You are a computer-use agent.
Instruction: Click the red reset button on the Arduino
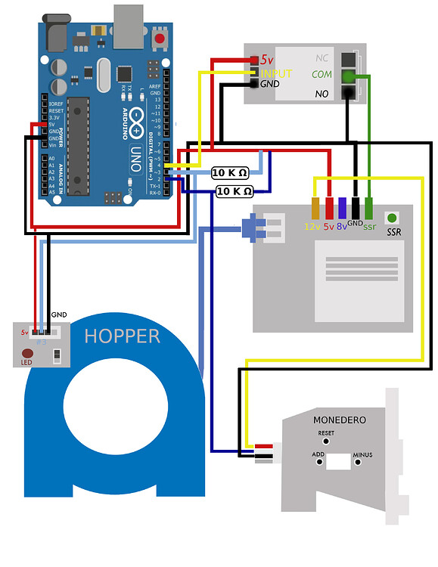[160, 38]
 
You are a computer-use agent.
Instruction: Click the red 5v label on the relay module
[266, 59]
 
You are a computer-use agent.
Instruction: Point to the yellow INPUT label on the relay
[275, 73]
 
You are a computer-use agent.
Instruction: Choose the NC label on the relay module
[322, 57]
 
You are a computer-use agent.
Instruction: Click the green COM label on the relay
[322, 75]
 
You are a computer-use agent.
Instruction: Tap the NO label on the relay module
[322, 93]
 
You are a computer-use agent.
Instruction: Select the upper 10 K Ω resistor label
[231, 173]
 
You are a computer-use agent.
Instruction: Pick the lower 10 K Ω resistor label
[234, 191]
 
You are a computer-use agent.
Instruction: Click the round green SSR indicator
[393, 218]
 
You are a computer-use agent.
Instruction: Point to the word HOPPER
[122, 336]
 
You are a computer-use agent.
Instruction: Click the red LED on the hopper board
[27, 353]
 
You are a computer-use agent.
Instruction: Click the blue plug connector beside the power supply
[250, 228]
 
